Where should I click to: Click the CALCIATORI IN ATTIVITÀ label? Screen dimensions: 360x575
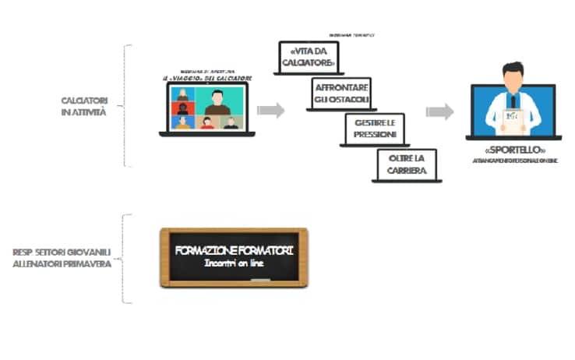point(84,106)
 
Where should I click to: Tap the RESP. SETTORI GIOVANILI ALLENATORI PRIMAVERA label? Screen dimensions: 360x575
point(62,258)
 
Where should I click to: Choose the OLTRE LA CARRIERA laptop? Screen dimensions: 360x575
point(404,164)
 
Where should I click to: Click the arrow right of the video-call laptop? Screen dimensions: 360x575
point(270,110)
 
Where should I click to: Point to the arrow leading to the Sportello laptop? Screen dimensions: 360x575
point(439,111)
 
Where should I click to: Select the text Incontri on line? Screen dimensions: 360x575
point(234,265)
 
